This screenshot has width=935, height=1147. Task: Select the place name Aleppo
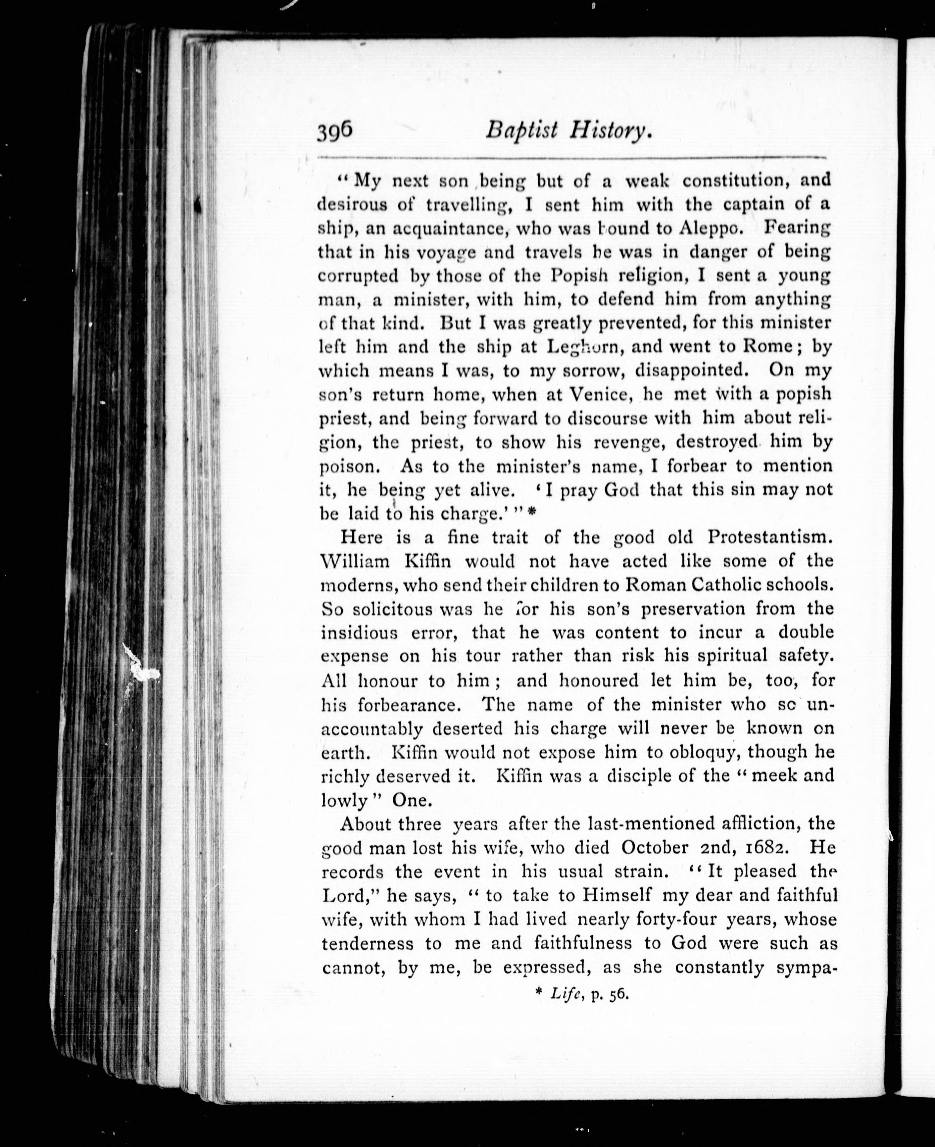[708, 228]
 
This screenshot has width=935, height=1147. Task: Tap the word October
[654, 848]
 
